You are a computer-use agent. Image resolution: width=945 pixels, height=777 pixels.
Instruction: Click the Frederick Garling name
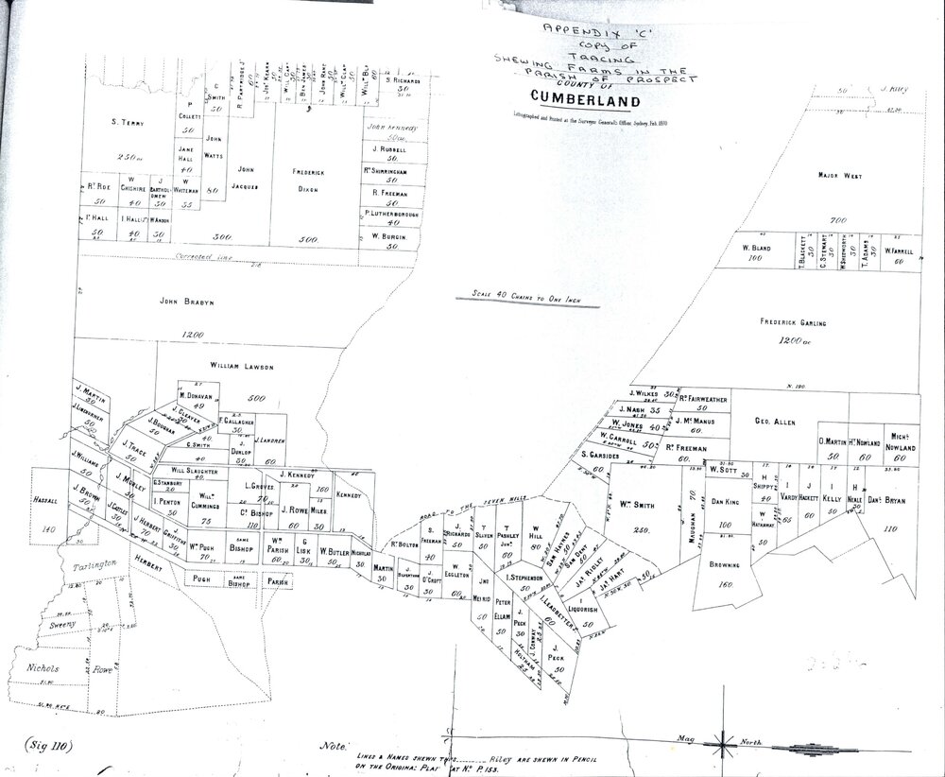[x=793, y=322]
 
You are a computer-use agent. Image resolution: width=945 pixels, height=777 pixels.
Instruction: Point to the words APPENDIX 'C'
[x=570, y=28]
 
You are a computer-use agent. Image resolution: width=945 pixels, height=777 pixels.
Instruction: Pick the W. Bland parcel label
[x=757, y=248]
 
